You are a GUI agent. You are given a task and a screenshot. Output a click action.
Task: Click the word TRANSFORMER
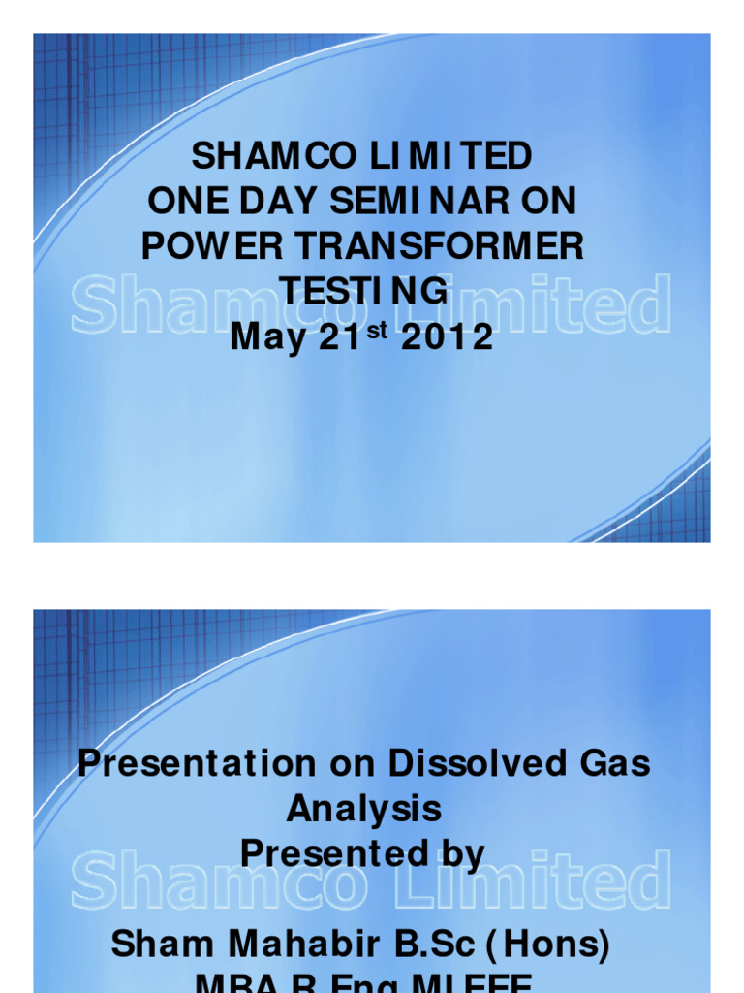click(x=427, y=247)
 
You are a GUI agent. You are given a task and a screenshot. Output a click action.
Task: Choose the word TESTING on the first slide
click(x=363, y=292)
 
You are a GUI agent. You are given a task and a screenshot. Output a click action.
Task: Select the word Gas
click(x=613, y=763)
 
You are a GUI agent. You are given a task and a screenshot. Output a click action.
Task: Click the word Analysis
click(x=363, y=809)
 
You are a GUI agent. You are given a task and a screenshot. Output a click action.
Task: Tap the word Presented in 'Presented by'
click(x=335, y=854)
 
